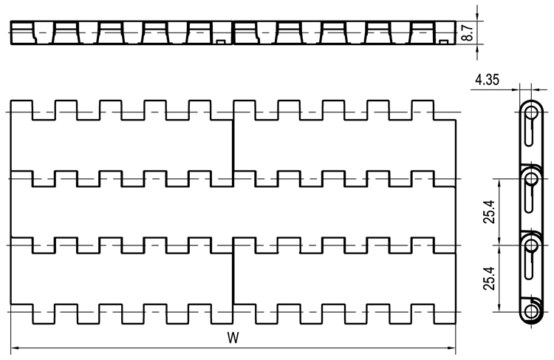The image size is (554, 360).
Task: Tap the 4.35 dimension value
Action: [x=488, y=80]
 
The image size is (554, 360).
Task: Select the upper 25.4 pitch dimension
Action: [x=490, y=212]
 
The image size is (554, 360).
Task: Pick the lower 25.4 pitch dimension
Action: [x=490, y=278]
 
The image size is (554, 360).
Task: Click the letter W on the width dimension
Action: [x=233, y=338]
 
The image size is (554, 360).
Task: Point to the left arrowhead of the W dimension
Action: [x=15, y=348]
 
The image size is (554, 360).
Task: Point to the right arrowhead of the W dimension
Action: [x=451, y=348]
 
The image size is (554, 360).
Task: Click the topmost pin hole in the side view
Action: [x=530, y=112]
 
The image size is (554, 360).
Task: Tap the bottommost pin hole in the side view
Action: [x=530, y=311]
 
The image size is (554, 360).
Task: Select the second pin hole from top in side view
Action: [x=530, y=179]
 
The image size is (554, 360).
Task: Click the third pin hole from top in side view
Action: [x=530, y=245]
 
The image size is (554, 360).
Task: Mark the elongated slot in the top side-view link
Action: [x=529, y=131]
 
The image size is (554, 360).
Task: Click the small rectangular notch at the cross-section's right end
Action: [x=444, y=42]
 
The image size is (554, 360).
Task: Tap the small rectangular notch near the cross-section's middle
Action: [x=221, y=42]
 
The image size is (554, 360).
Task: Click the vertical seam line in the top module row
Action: [x=233, y=146]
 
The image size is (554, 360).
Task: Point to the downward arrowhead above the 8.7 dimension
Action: [x=477, y=17]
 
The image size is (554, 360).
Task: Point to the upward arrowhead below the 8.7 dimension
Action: [x=477, y=49]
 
